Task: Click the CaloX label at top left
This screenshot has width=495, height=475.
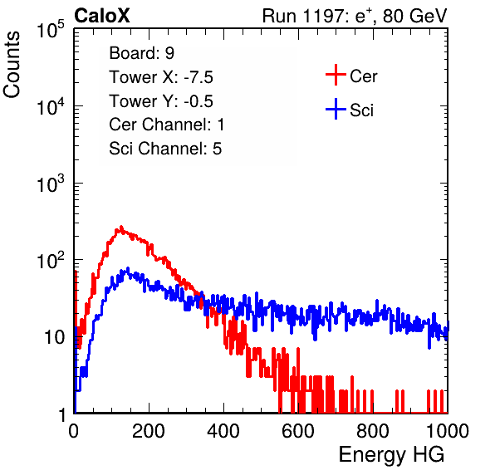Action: point(102,16)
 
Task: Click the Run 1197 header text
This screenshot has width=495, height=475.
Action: point(355,16)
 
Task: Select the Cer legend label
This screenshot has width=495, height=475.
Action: point(364,76)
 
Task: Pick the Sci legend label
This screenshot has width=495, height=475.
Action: point(362,110)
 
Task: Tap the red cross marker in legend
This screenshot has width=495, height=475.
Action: point(336,75)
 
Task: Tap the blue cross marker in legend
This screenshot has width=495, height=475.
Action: point(336,109)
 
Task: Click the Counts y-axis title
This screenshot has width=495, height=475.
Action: point(12,65)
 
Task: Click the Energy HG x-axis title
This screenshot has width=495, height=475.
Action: point(391,454)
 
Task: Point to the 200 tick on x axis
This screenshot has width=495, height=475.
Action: point(149,431)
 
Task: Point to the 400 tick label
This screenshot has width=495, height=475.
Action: point(223,431)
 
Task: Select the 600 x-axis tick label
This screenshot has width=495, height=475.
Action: point(298,431)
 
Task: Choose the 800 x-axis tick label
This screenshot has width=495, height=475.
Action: point(373,431)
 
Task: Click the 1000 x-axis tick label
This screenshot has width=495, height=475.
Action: point(448,431)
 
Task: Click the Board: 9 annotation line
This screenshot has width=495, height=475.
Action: point(142,53)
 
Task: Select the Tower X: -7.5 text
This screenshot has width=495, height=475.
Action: point(161,77)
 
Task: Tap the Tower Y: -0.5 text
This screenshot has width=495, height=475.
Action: point(161,101)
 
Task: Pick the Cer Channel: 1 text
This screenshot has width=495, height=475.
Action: point(167,125)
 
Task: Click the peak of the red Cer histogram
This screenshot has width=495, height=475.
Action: point(121,227)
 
